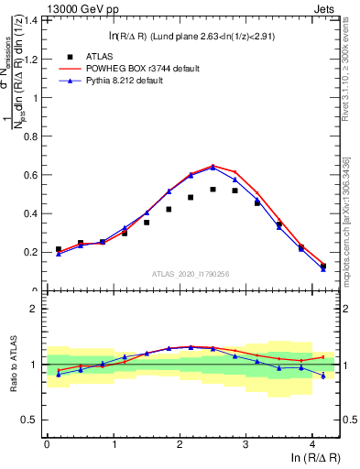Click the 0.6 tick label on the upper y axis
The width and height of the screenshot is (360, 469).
32,175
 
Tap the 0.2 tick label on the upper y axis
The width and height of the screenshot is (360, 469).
32,252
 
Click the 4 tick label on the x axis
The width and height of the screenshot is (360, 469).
312,447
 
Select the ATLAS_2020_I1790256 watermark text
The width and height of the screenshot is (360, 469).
191,273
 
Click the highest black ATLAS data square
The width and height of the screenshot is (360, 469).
213,190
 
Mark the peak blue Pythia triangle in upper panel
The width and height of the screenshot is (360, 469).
213,168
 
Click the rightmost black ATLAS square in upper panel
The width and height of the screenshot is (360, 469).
323,267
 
